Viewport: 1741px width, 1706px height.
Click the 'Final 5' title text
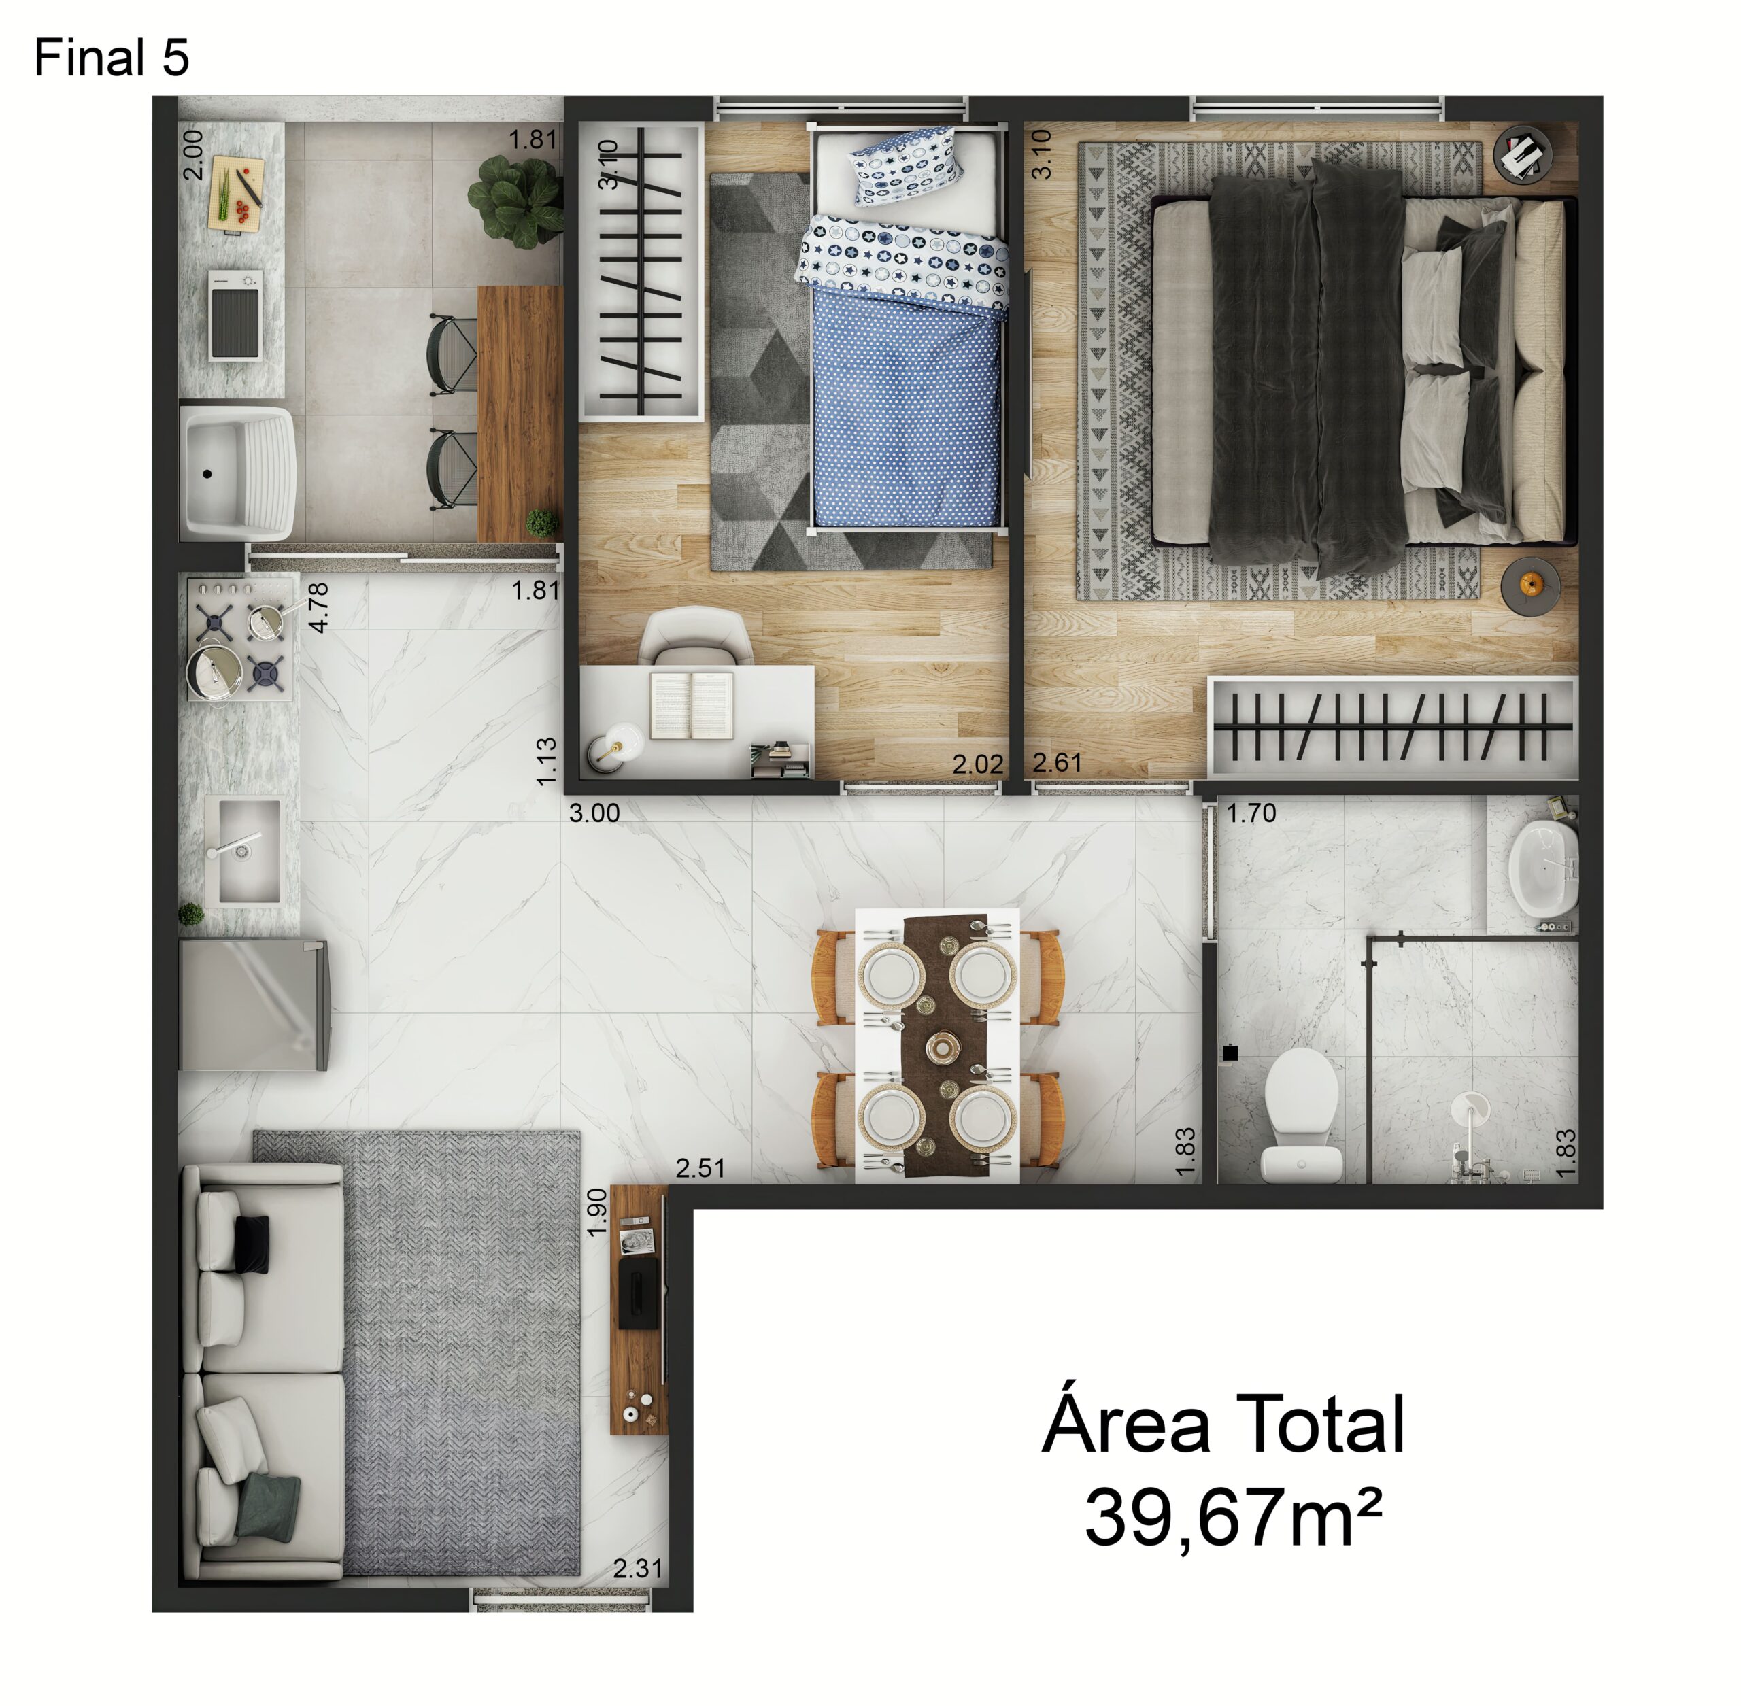[111, 58]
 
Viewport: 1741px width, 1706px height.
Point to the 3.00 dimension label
[594, 813]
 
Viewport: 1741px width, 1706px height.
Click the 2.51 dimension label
[700, 1167]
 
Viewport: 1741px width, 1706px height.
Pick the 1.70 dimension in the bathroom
[1251, 813]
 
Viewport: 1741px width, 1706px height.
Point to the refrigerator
[254, 1004]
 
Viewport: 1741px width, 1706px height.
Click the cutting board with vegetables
[237, 194]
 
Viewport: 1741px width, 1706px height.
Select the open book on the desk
[692, 705]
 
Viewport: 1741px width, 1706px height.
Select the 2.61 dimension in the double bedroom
[1058, 762]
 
